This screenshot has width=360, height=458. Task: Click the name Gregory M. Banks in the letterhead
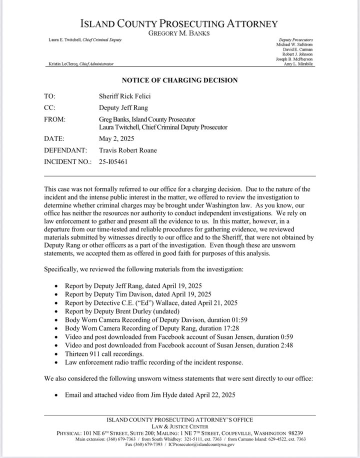(180, 33)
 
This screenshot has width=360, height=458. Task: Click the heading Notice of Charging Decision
(180, 80)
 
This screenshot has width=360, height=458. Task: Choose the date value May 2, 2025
(117, 139)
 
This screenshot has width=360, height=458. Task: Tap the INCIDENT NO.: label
(67, 161)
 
